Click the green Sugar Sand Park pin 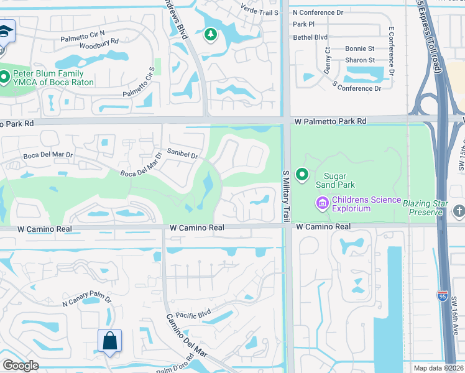[x=302, y=175]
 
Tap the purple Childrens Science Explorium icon [x=322, y=203]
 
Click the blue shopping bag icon [x=109, y=341]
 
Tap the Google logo [x=21, y=366]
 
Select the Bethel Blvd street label [x=310, y=37]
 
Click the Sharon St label [x=360, y=60]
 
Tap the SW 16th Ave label [x=454, y=313]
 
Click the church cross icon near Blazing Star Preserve [x=459, y=211]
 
